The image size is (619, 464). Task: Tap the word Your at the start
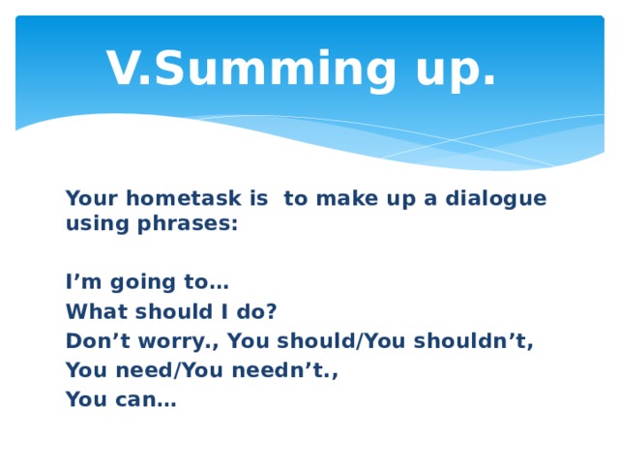90,198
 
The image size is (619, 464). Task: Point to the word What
92,311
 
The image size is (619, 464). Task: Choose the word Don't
97,340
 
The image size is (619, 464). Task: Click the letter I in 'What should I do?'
223,311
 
